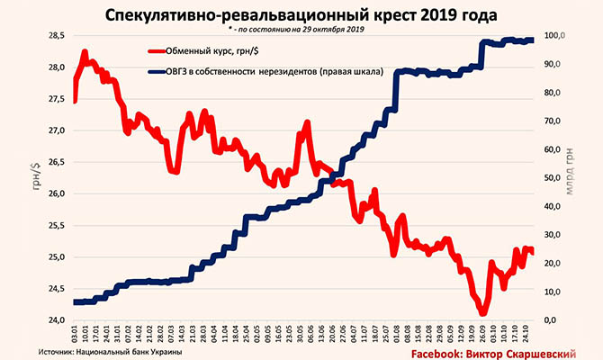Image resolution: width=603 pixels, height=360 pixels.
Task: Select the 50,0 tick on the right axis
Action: pyautogui.click(x=554, y=178)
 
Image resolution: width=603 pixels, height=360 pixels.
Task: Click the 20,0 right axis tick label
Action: pyautogui.click(x=554, y=264)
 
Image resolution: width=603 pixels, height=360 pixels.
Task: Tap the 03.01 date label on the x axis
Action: pyautogui.click(x=74, y=334)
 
